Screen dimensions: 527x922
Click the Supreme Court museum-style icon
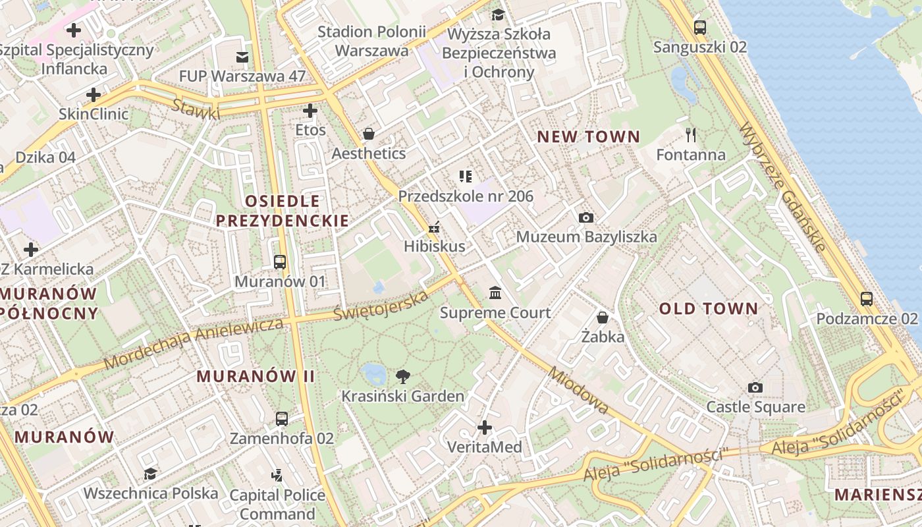[495, 292]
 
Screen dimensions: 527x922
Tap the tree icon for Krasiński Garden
[402, 377]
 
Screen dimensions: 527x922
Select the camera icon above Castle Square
[755, 388]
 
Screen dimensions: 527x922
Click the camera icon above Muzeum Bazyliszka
[585, 217]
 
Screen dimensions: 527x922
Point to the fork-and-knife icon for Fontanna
[690, 135]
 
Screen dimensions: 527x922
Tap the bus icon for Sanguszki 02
[699, 28]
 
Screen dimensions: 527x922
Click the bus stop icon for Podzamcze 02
[867, 299]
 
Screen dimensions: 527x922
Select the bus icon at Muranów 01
[280, 262]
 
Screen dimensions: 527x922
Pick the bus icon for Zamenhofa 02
[281, 418]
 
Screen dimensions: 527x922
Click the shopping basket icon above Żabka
[602, 318]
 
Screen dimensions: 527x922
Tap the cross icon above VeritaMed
[485, 428]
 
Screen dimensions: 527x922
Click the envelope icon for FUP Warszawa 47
[242, 57]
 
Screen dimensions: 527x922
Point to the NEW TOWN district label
[589, 137]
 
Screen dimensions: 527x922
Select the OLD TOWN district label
[709, 308]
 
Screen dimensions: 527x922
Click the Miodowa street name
[578, 390]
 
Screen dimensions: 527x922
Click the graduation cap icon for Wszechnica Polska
[150, 474]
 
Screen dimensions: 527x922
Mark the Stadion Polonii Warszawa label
[371, 41]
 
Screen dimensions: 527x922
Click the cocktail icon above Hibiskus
[434, 227]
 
